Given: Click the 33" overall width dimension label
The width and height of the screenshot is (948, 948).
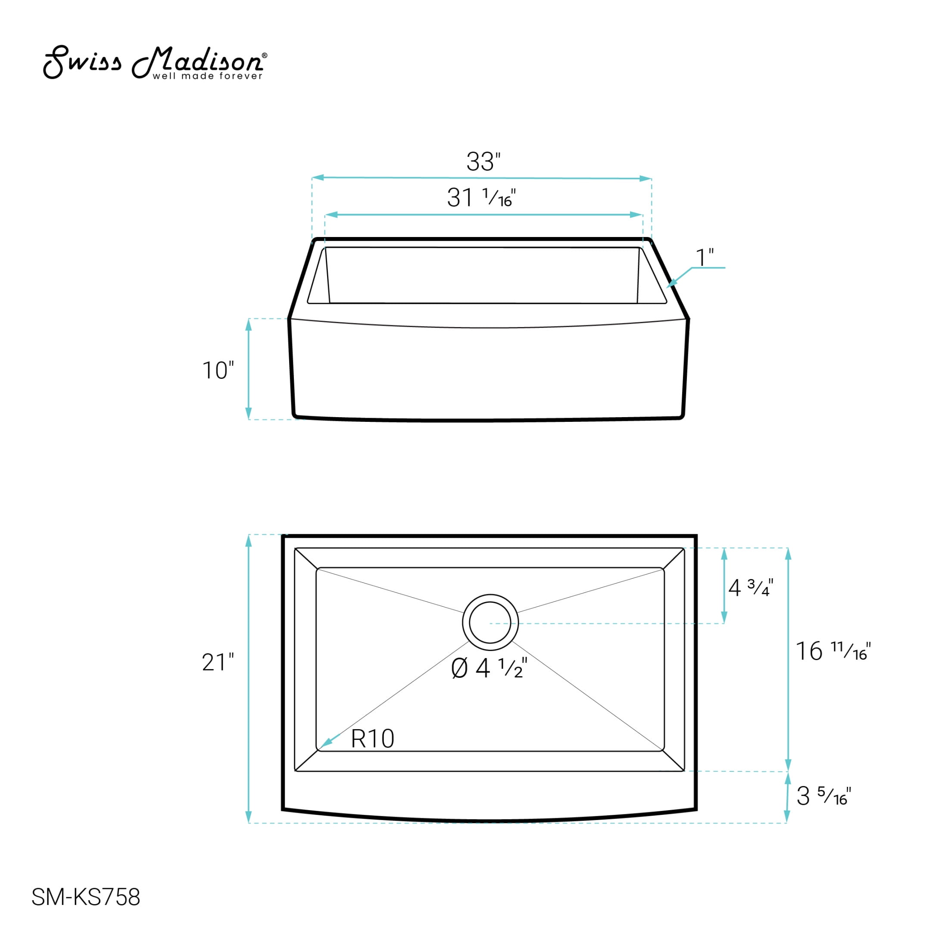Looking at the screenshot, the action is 483,162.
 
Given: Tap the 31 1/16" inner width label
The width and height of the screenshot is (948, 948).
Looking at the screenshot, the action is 481,198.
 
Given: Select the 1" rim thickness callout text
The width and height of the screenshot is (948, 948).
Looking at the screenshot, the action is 705,258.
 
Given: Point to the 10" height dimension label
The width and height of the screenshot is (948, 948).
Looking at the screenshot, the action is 218,371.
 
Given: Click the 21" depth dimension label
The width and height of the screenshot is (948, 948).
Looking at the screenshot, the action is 218,662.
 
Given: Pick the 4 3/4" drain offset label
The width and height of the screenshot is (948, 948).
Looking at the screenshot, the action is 751,587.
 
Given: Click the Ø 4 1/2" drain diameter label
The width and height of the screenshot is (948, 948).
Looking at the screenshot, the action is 489,668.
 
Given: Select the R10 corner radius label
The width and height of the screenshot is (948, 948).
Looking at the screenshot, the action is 372,739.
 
